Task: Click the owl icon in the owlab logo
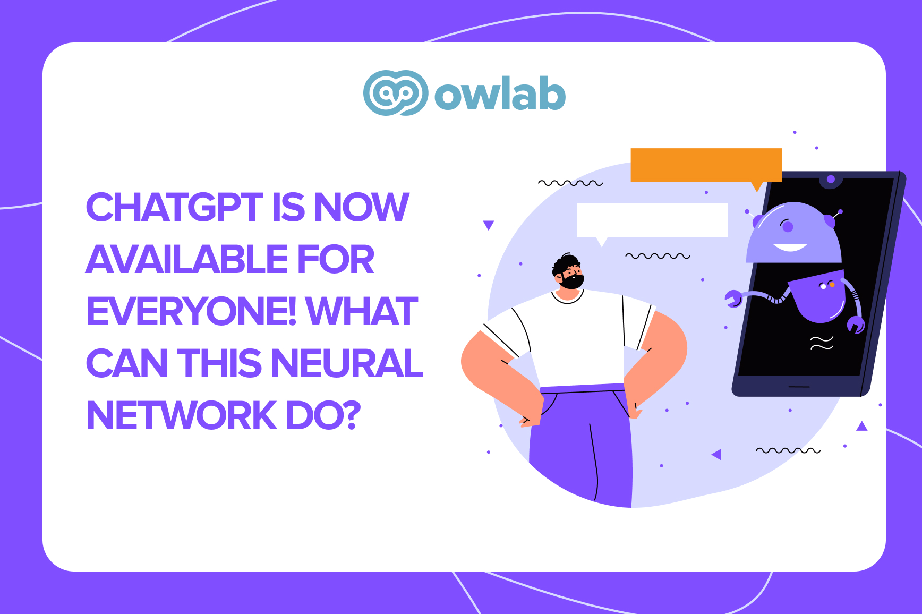tap(396, 93)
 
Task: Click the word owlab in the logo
tap(500, 95)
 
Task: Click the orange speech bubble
tap(706, 165)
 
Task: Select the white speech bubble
tap(652, 220)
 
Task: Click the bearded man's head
tap(568, 272)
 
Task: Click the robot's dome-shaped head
tap(794, 234)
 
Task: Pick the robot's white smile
tap(790, 248)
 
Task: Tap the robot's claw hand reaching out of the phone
tap(733, 299)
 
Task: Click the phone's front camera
tap(831, 180)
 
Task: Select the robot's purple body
tap(818, 297)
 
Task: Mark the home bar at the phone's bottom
tap(799, 386)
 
